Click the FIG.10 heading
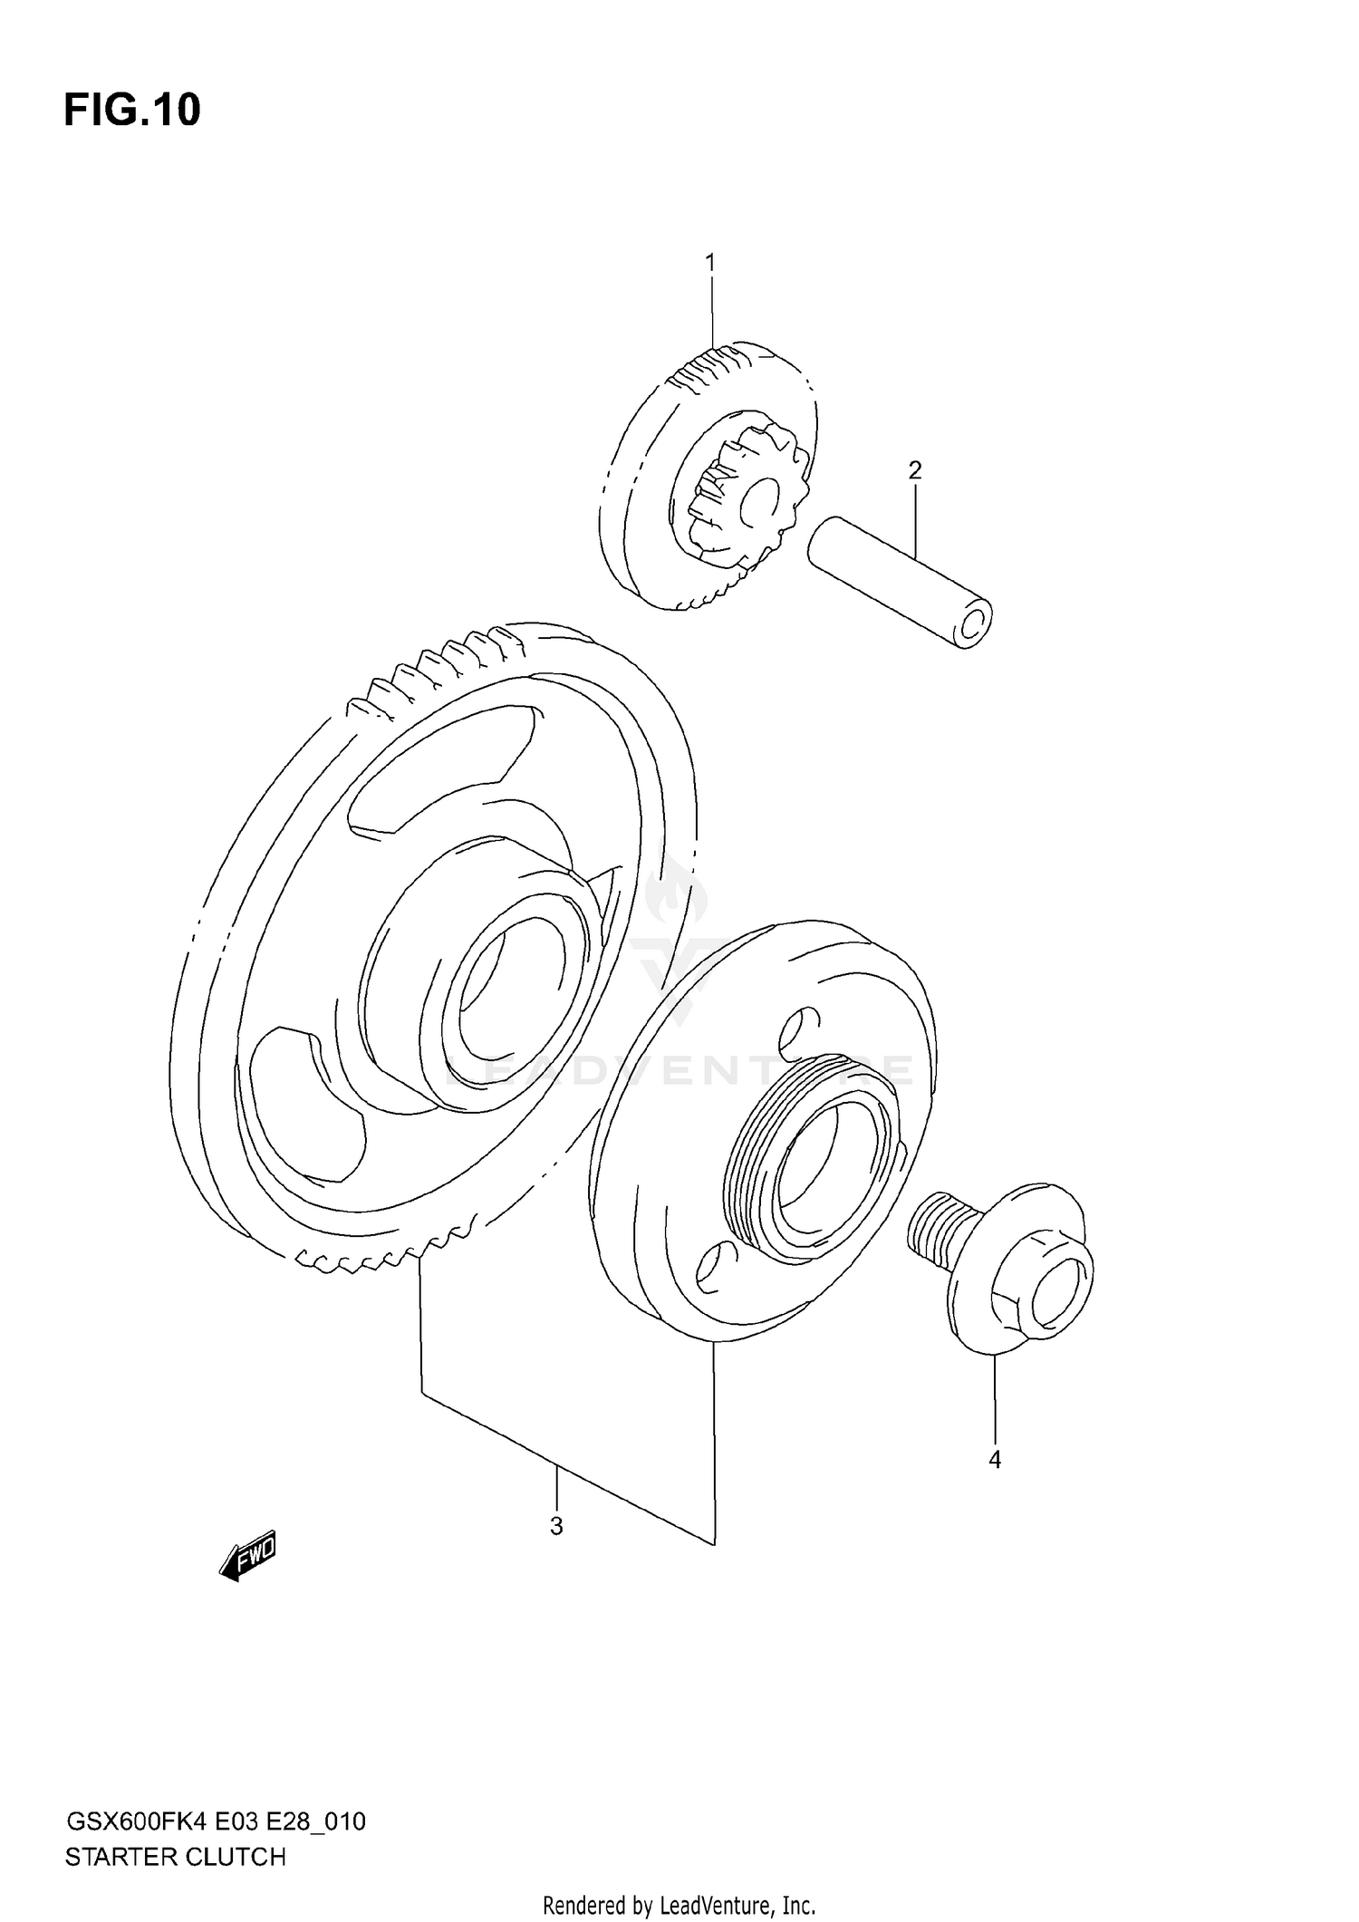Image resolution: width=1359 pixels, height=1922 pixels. coord(132,111)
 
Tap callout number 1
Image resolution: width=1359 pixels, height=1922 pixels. coord(710,263)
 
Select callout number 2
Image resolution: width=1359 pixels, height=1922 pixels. coord(915,470)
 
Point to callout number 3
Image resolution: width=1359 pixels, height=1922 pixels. coord(556,1526)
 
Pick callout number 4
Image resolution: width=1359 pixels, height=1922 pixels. coord(995,1460)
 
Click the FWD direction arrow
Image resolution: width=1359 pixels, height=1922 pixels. coord(247,1558)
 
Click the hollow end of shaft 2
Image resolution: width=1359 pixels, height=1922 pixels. coord(972,624)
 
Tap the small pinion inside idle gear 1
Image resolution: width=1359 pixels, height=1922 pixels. coord(738,494)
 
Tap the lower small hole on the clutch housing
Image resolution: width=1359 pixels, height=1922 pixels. coord(712,1269)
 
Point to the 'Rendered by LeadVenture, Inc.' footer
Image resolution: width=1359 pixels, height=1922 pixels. coord(679,1905)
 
